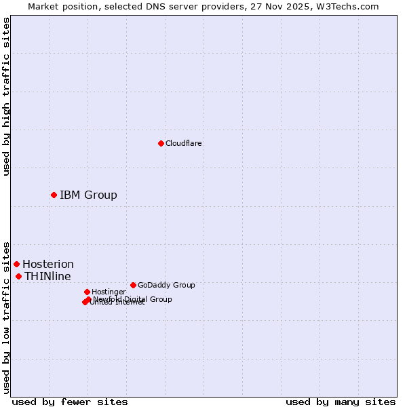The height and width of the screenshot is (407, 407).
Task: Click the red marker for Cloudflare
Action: [x=161, y=143]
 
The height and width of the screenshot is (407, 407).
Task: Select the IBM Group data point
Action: [x=54, y=195]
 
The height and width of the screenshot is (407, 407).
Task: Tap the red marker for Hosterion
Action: [x=16, y=264]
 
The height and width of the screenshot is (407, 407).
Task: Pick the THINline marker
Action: [x=18, y=276]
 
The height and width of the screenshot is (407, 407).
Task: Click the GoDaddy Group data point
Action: [x=133, y=285]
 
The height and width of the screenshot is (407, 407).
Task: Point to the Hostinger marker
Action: [x=87, y=292]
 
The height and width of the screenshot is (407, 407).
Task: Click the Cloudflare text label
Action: [x=183, y=143]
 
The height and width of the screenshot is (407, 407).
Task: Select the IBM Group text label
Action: [x=88, y=195]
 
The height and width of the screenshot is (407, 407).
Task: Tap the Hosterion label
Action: [x=48, y=264]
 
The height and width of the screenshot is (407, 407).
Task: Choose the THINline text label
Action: [x=47, y=276]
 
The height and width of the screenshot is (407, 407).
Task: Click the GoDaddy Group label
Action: [x=166, y=285]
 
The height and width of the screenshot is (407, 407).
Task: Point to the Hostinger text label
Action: [x=109, y=292]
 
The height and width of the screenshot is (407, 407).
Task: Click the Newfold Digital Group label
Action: [x=133, y=298]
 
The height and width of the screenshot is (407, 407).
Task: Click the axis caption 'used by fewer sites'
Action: [x=70, y=402]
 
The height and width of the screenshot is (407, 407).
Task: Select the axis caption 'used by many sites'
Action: [x=341, y=402]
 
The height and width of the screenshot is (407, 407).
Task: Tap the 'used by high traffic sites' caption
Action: [x=6, y=96]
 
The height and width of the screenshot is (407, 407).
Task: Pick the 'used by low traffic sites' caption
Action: [x=6, y=317]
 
